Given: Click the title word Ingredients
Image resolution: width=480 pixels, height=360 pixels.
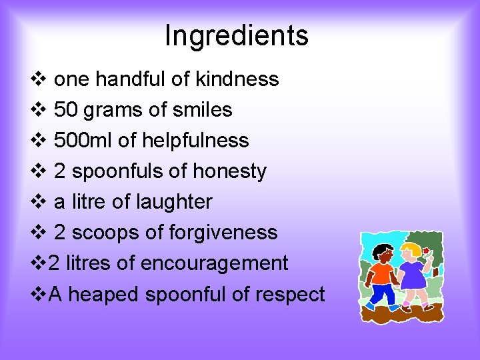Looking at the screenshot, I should click(x=237, y=36).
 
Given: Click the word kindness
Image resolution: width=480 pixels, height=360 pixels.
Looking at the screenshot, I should click(x=237, y=79).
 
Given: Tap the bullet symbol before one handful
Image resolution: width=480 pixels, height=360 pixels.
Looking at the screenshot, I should click(x=37, y=79).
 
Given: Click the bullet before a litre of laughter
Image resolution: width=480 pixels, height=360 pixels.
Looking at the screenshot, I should click(x=37, y=202).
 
